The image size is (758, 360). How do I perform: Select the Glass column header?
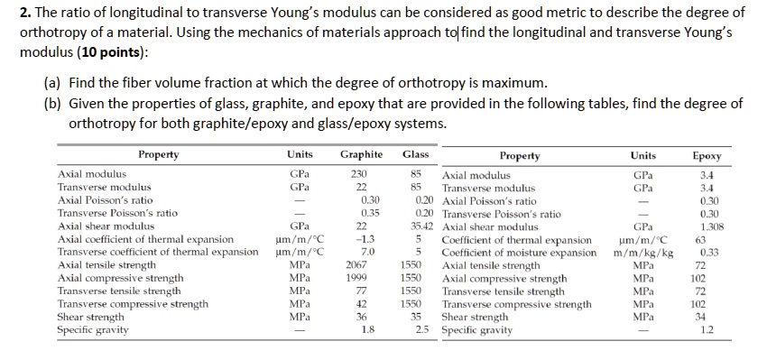point(414,154)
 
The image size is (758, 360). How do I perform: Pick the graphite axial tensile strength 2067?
point(358,266)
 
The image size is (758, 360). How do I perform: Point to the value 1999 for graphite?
point(358,279)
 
